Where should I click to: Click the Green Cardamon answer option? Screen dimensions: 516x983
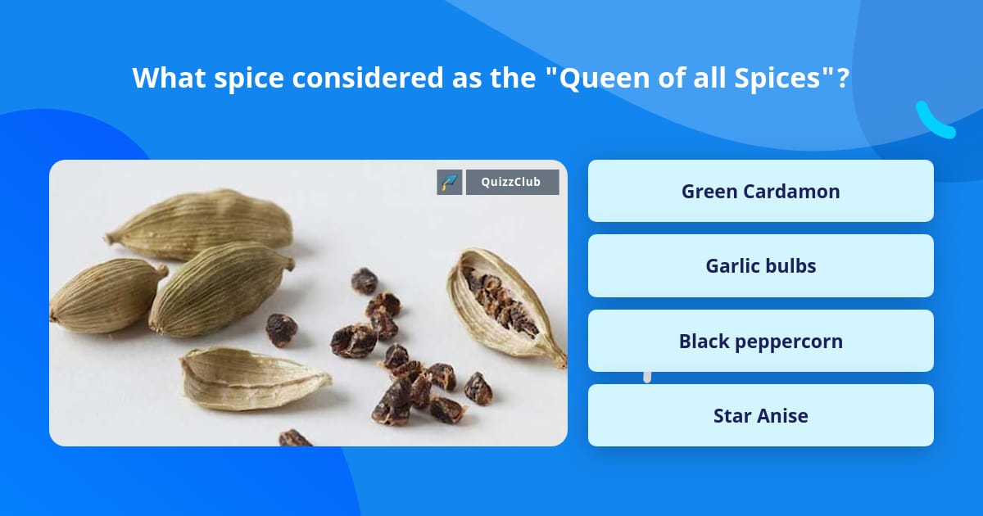coord(760,192)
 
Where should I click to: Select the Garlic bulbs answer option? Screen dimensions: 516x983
coord(760,266)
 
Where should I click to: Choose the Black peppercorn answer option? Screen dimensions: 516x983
coord(760,341)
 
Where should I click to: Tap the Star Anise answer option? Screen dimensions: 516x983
coord(760,416)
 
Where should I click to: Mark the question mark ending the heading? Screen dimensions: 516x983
coord(842,78)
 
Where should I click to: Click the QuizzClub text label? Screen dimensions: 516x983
coord(512,182)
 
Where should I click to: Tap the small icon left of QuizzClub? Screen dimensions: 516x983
coord(450,182)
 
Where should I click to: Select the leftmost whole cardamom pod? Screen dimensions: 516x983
coord(106,296)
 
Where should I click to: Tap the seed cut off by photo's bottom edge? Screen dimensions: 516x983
coord(295,438)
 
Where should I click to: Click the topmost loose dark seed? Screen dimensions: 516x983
coord(364,281)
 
